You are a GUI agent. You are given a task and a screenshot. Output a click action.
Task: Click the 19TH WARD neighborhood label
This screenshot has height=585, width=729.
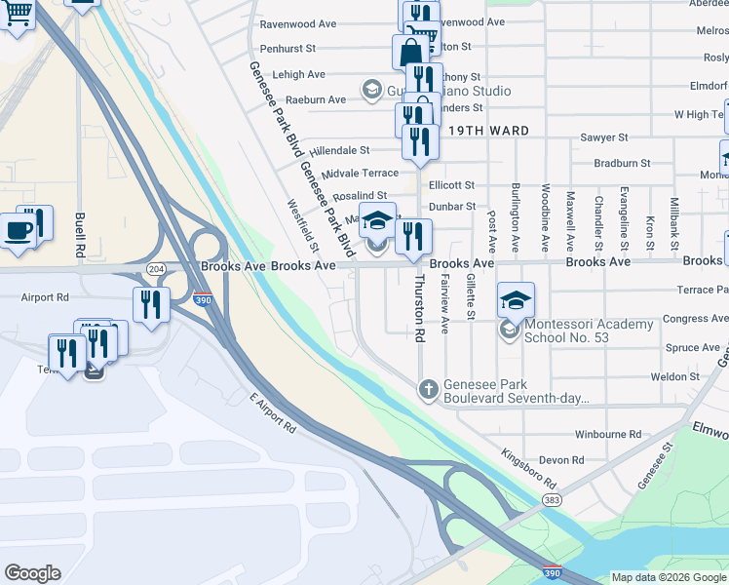(x=489, y=131)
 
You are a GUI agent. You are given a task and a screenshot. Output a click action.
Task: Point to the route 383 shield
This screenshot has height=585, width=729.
(x=553, y=499)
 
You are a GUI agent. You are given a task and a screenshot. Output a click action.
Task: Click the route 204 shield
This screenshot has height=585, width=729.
(x=155, y=267)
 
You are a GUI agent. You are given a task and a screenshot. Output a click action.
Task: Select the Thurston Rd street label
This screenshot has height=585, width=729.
(x=420, y=307)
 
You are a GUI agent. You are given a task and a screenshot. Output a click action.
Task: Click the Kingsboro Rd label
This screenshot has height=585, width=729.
(x=529, y=469)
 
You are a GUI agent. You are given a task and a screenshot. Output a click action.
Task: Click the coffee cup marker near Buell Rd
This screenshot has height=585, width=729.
(x=19, y=231)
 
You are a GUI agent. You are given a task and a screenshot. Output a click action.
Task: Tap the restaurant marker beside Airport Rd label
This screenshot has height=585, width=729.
(x=151, y=303)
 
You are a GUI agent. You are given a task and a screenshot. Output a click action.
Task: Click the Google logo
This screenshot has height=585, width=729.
(x=32, y=573)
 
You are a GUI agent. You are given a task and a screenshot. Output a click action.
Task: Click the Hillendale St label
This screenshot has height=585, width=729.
(x=339, y=151)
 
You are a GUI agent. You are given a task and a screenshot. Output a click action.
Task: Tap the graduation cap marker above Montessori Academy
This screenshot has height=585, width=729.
(x=517, y=300)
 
